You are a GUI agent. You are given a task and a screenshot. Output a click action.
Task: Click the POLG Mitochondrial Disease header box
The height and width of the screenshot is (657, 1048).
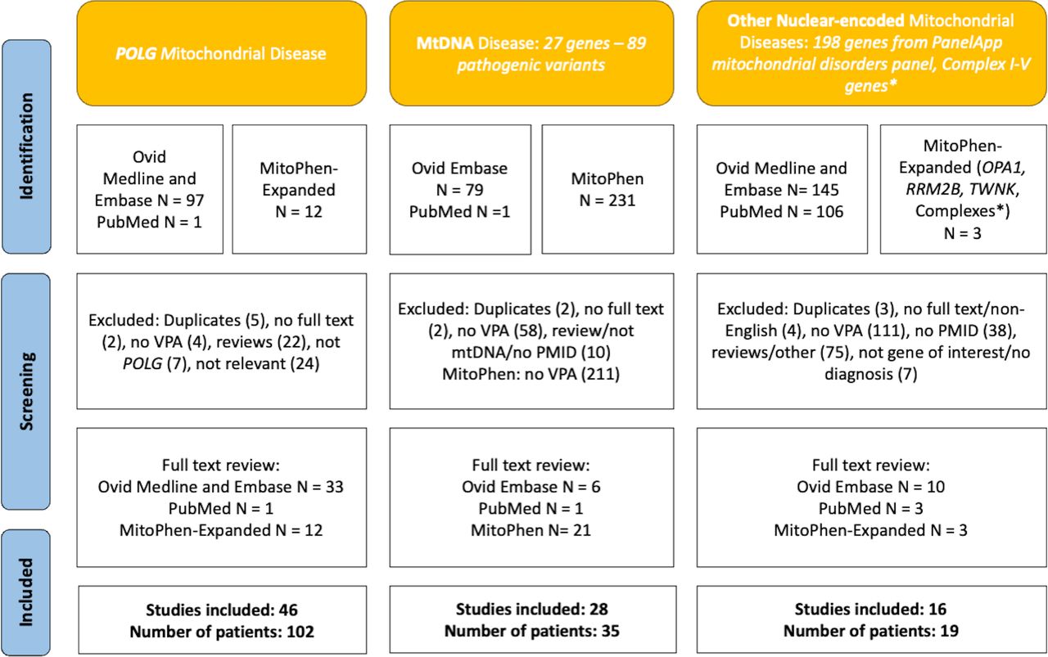pyautogui.click(x=221, y=53)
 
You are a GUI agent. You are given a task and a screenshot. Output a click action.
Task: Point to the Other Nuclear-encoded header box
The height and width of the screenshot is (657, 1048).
pyautogui.click(x=870, y=53)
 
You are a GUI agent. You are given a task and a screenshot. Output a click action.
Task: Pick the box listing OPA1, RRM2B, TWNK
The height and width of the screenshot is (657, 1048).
pyautogui.click(x=957, y=189)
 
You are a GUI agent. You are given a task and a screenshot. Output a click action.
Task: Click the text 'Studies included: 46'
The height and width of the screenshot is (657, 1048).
pyautogui.click(x=222, y=610)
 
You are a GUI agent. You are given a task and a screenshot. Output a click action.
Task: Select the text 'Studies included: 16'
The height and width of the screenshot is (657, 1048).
pyautogui.click(x=870, y=610)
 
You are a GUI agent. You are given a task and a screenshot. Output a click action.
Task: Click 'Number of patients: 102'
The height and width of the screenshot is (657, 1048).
pyautogui.click(x=222, y=631)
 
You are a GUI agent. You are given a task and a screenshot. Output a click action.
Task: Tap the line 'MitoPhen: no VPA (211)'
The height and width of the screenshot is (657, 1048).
pyautogui.click(x=530, y=375)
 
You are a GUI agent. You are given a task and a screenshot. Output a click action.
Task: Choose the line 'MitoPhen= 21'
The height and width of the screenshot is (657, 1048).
pyautogui.click(x=531, y=530)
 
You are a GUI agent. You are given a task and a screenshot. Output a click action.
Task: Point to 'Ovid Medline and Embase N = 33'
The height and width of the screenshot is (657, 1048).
pyautogui.click(x=222, y=488)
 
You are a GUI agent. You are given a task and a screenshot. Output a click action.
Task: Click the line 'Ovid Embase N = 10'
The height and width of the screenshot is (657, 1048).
pyautogui.click(x=870, y=488)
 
